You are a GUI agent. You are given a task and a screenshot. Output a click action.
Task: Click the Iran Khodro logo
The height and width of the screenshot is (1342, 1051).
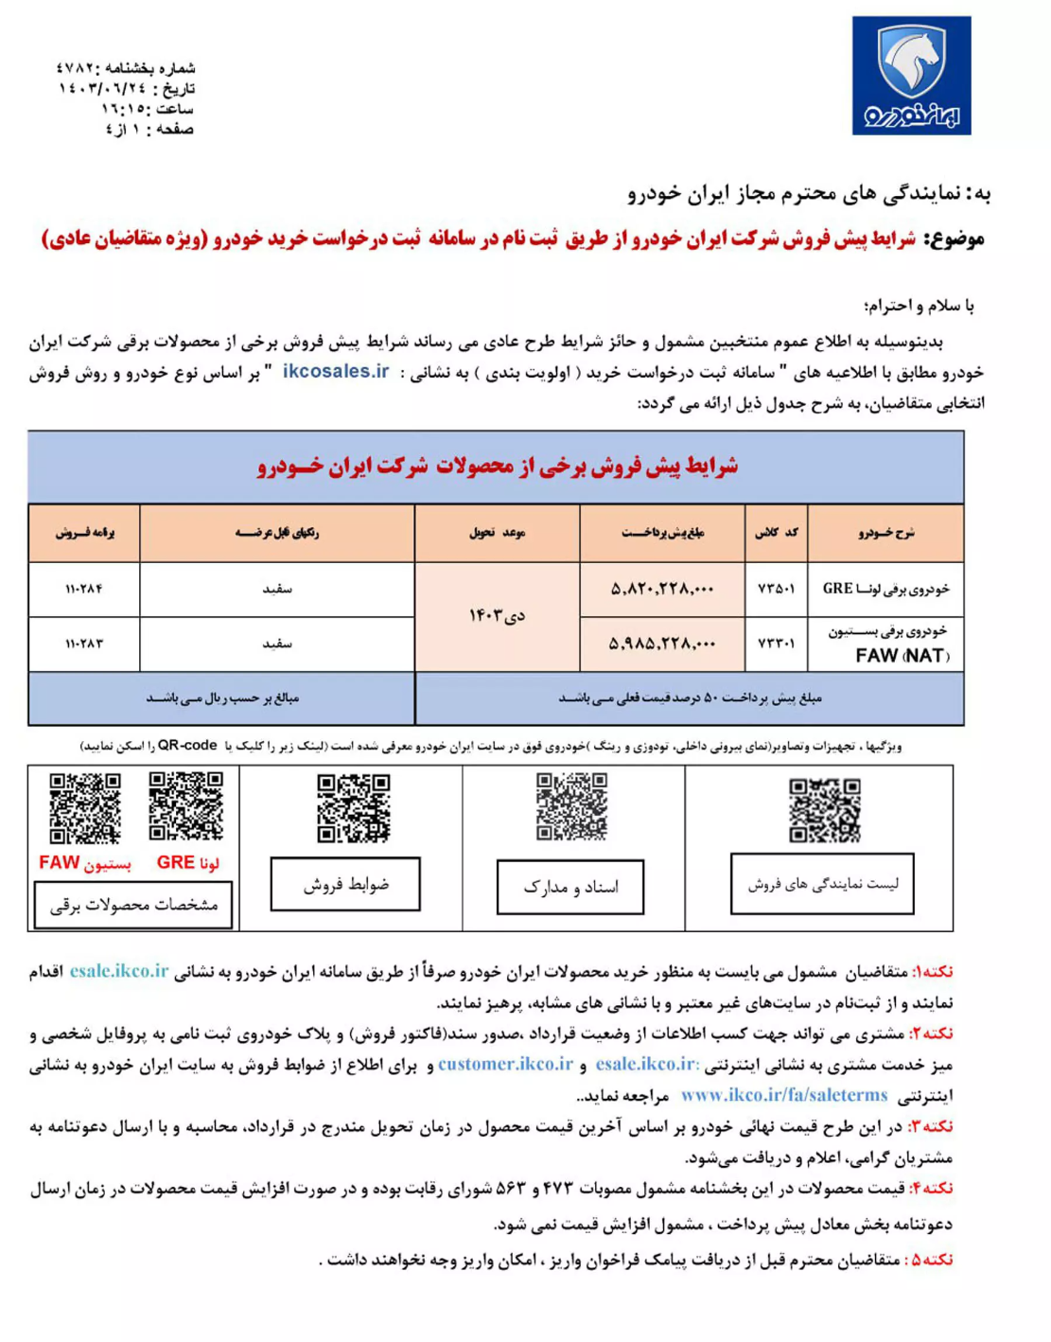(910, 75)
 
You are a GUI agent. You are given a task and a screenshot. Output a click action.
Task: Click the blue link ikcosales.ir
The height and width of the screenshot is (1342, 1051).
(336, 371)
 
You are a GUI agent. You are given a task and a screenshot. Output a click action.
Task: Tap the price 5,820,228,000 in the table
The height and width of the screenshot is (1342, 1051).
(661, 589)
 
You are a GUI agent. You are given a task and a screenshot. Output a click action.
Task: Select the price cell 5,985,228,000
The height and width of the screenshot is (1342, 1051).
(661, 644)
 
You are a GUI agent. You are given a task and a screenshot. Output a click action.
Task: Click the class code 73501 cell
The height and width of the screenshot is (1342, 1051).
(776, 589)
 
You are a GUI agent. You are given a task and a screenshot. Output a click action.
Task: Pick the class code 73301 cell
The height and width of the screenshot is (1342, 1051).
(776, 644)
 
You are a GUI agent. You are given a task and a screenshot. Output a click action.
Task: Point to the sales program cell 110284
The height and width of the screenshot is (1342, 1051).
(84, 589)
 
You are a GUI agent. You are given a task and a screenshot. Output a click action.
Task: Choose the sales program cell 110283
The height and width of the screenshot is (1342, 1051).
(84, 644)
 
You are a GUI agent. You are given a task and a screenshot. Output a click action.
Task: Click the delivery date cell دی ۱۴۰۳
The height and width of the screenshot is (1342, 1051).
(497, 616)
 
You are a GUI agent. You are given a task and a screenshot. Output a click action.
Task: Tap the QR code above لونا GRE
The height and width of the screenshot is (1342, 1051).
(186, 806)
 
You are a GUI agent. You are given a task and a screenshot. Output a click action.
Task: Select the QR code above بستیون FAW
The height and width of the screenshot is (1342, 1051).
(85, 808)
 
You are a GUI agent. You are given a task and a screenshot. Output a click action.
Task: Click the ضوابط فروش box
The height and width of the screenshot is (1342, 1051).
(345, 884)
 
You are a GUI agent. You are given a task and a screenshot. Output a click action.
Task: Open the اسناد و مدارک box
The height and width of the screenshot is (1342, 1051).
(570, 887)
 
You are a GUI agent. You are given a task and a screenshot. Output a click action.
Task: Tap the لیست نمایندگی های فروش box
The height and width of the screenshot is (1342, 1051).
(822, 884)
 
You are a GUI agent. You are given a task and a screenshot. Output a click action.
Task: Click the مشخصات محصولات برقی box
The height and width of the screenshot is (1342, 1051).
(133, 905)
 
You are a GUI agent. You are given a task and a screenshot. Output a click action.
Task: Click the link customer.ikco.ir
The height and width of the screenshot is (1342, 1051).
(505, 1064)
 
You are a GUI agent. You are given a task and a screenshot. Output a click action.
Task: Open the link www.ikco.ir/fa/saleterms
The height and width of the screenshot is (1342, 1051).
(784, 1095)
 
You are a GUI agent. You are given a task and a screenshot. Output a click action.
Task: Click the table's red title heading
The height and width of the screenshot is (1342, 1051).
(497, 466)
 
